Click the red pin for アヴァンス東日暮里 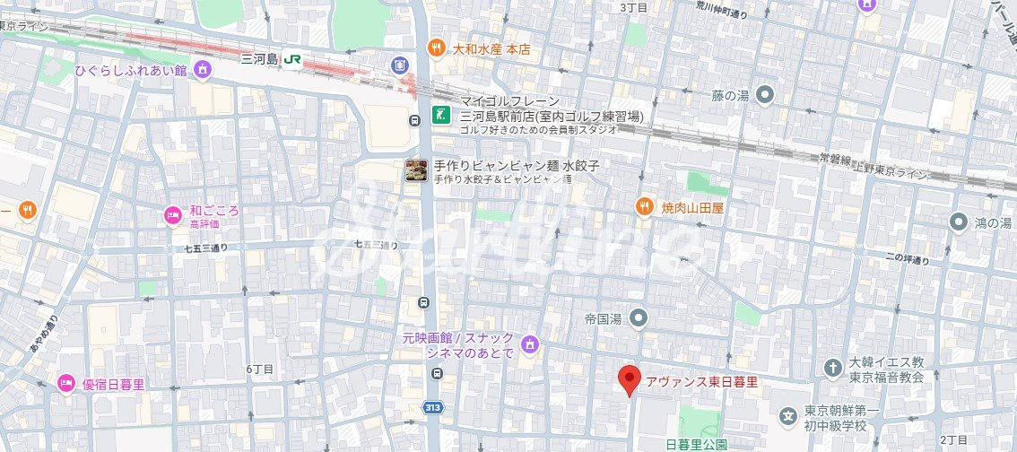(630, 380)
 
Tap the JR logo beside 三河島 (292, 60)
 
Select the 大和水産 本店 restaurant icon (436, 48)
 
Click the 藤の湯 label (730, 94)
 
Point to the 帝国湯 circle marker (638, 317)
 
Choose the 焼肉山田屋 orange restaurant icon (644, 207)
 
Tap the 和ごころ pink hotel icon (172, 214)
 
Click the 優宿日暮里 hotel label (113, 385)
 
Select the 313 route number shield (433, 408)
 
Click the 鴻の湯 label (994, 222)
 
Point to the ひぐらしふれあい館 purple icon (203, 70)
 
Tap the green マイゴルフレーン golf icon (440, 114)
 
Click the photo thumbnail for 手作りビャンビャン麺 (415, 169)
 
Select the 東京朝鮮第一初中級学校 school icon (788, 416)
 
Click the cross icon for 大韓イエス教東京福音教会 (831, 367)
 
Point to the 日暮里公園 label (696, 444)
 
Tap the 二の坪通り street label (907, 260)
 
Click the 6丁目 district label (260, 369)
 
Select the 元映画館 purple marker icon (530, 343)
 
